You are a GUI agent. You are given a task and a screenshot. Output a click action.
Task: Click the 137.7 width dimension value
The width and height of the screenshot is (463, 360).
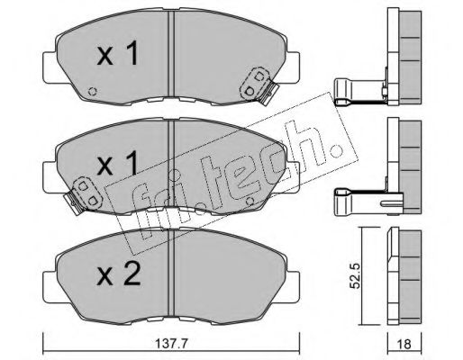coord(171,344)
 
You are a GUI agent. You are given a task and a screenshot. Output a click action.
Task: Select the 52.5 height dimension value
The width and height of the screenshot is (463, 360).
coord(355,276)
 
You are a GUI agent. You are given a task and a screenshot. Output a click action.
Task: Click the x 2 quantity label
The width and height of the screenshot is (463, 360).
coord(119,274)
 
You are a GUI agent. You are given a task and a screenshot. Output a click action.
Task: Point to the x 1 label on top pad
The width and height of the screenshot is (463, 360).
coord(117,53)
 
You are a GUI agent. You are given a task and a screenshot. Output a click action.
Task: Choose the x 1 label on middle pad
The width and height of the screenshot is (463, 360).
coord(117,163)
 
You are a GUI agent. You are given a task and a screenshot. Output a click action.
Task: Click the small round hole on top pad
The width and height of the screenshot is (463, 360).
coord(93,91)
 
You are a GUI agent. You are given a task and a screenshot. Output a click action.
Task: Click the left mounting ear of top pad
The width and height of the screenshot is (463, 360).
coord(50,67)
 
